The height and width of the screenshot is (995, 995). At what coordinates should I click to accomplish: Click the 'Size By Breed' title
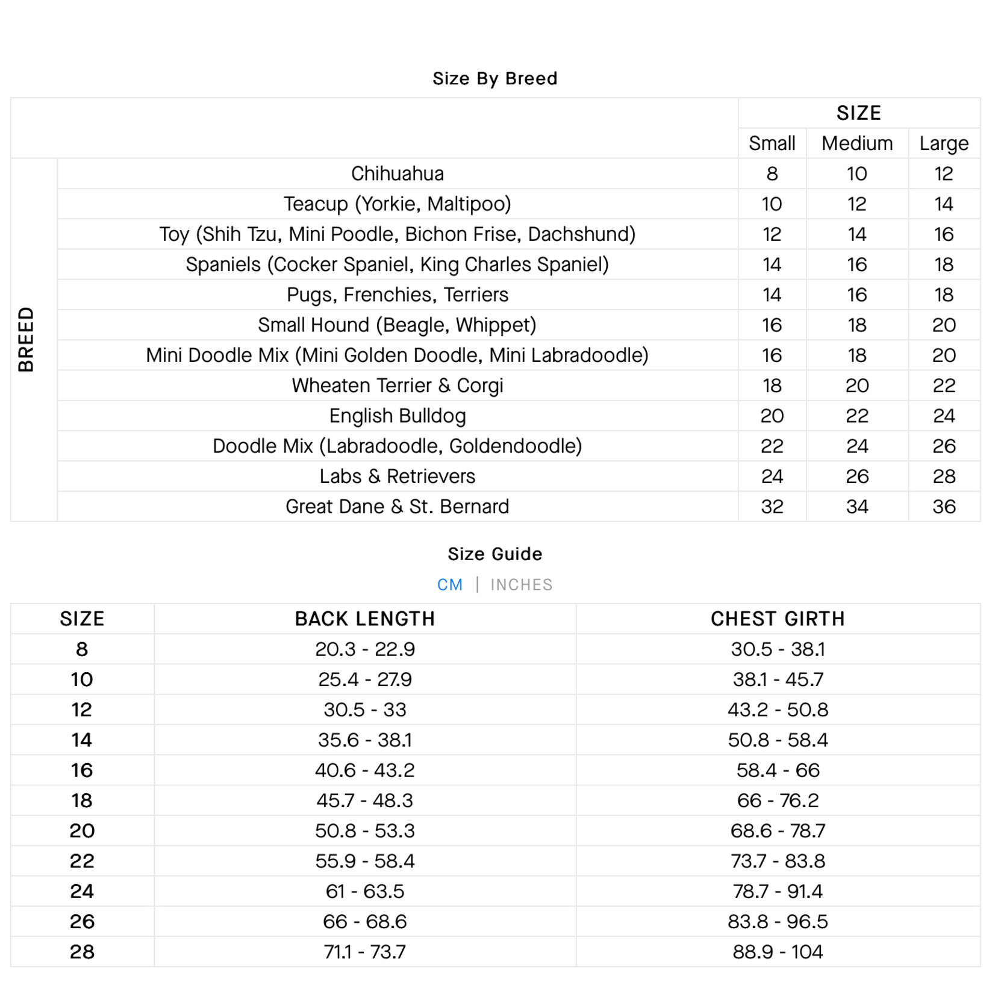coord(494,78)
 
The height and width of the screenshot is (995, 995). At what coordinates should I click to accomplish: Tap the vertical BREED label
coord(26,339)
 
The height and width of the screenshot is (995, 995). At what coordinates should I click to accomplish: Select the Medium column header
coord(856,143)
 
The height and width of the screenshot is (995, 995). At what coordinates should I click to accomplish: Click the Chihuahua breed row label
coord(397,173)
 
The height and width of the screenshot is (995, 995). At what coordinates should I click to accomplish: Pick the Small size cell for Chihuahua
coord(772,173)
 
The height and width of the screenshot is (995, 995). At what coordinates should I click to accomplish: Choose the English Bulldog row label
coord(397,416)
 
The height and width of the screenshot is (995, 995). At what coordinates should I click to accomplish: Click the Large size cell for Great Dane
coord(943,507)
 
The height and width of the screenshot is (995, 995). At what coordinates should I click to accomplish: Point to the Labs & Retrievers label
coord(397,476)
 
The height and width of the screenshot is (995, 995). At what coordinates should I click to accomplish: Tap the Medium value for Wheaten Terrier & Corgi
coord(856,385)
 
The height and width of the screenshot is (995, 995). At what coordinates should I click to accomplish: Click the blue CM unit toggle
coord(450,585)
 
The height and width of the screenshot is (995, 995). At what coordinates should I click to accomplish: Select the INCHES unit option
coord(521,585)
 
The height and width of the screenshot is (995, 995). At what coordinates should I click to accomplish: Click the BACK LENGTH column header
coord(364,619)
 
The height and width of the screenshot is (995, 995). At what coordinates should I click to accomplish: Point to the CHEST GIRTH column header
coord(777,619)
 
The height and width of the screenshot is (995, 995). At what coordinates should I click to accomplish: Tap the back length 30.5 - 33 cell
coord(364,710)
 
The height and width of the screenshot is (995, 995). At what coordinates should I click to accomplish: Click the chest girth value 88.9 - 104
coord(777,952)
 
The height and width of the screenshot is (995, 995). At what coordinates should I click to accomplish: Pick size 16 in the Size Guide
coord(82,770)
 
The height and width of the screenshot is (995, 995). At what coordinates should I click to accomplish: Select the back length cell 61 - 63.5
coord(364,891)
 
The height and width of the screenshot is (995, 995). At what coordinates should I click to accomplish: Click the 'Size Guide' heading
coord(494,554)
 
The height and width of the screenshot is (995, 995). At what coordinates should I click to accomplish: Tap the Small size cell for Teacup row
coord(772,204)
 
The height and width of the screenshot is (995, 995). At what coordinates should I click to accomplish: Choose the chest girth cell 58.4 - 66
coord(777,770)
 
